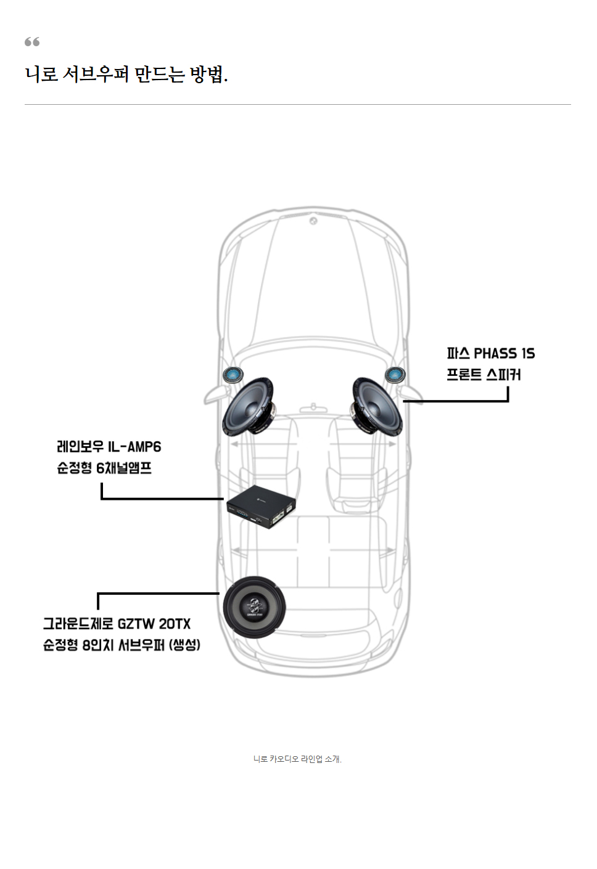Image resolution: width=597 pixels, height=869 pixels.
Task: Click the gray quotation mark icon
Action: pyautogui.click(x=32, y=42)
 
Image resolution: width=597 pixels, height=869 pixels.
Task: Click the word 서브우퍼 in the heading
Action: pyautogui.click(x=96, y=75)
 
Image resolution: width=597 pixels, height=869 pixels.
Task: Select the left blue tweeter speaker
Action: pyautogui.click(x=233, y=374)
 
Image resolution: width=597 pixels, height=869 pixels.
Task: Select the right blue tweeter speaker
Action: pyautogui.click(x=395, y=374)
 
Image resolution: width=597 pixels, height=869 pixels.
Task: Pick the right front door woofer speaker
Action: pyautogui.click(x=377, y=406)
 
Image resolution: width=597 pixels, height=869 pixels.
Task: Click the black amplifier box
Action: pyautogui.click(x=261, y=507)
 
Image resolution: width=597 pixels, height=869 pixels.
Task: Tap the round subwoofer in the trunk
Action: pyautogui.click(x=254, y=607)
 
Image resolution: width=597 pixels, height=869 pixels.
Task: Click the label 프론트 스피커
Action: pyautogui.click(x=484, y=375)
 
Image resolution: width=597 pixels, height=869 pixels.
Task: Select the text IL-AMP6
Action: pyautogui.click(x=134, y=447)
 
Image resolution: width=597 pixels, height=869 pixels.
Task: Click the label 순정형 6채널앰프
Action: pyautogui.click(x=104, y=468)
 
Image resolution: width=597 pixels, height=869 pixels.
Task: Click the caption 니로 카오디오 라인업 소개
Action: pyautogui.click(x=297, y=759)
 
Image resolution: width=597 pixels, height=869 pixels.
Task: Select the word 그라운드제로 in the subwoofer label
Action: pyautogui.click(x=78, y=624)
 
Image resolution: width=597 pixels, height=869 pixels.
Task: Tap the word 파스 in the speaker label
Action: pyautogui.click(x=458, y=354)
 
